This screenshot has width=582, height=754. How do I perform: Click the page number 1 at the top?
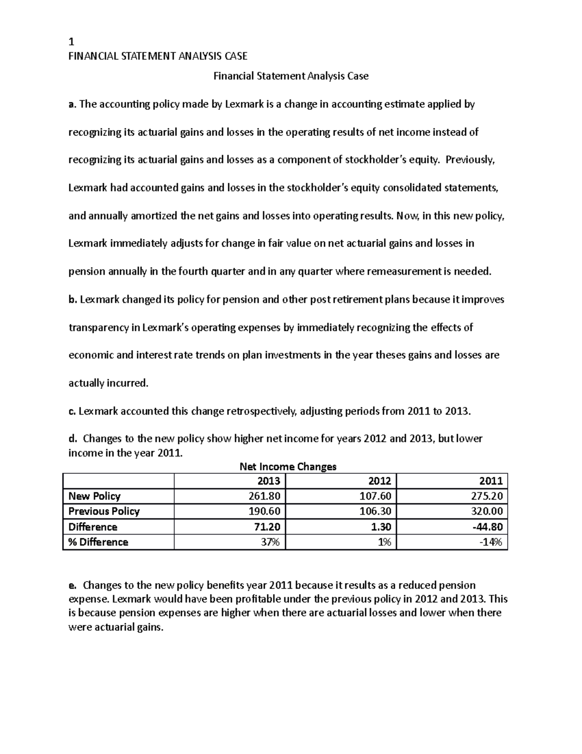click(71, 42)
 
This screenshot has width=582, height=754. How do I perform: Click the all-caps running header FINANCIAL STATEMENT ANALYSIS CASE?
click(158, 56)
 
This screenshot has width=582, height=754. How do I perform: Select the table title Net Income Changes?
click(288, 467)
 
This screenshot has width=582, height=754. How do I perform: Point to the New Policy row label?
click(94, 496)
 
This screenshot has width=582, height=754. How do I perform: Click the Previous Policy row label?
click(104, 511)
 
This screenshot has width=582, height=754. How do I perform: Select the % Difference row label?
click(98, 542)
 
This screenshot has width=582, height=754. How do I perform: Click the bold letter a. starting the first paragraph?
click(72, 104)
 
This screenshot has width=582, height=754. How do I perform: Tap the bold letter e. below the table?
click(72, 585)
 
